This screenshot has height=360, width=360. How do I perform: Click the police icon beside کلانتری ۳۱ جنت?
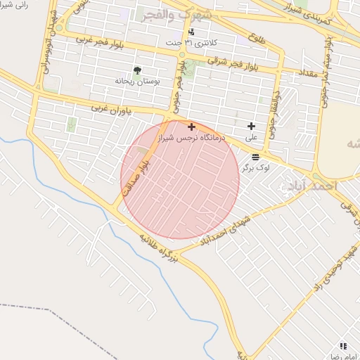click(191, 32)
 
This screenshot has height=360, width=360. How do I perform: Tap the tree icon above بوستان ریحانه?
click(137, 70)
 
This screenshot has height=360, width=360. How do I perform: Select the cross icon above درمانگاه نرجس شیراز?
click(191, 127)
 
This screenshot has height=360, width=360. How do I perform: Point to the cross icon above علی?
click(250, 127)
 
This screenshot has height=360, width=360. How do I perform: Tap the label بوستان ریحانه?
click(138, 82)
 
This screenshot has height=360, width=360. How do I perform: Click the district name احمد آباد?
click(312, 184)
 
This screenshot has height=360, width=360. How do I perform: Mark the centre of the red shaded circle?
click(180, 179)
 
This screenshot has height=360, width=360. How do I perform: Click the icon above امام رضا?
click(342, 346)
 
